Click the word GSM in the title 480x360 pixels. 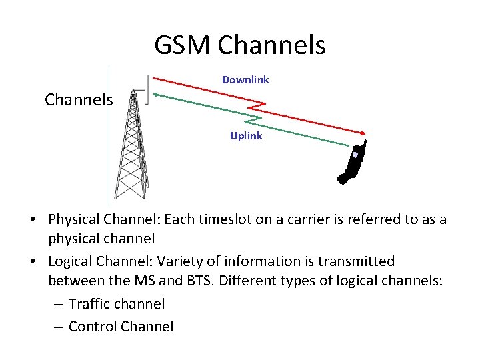pos(183,45)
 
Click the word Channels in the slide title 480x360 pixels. pos(271,45)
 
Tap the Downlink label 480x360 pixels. pos(245,80)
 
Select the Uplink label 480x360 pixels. pos(246,136)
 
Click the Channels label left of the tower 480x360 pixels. pos(79,100)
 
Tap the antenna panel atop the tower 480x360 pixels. pos(147,88)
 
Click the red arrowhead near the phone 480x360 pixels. pos(363,133)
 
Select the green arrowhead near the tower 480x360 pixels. pos(157,95)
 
